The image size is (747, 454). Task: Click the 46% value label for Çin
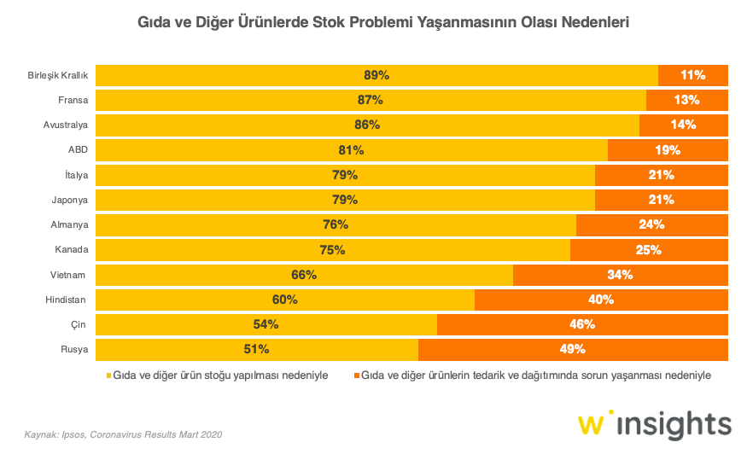[582, 324]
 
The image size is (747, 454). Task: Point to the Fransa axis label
[73, 100]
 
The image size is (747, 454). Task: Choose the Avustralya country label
[67, 125]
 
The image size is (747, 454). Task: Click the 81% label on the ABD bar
[351, 150]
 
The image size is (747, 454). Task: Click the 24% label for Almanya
[651, 224]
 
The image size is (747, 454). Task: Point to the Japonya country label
[69, 200]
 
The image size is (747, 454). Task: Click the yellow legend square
[108, 375]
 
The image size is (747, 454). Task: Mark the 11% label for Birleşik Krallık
[692, 75]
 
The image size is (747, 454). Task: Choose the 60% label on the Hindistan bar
[285, 300]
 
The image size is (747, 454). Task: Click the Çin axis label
[81, 324]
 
